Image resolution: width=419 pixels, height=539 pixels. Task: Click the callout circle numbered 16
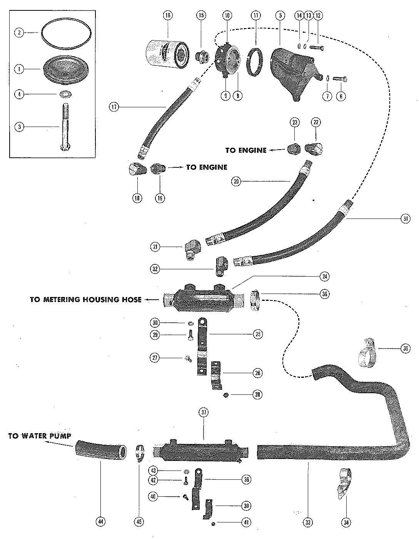(167, 15)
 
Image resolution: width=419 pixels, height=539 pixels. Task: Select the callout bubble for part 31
(405, 219)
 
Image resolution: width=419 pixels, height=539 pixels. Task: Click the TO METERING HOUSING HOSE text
(85, 299)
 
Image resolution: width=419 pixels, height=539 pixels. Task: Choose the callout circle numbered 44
(101, 522)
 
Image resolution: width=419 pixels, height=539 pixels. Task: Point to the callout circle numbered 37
(204, 412)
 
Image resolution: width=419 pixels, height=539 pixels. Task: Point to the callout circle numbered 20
(237, 181)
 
